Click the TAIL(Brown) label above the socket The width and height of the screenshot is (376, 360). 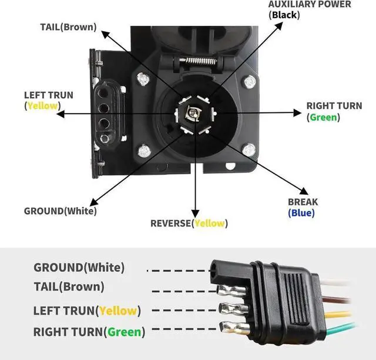(68, 27)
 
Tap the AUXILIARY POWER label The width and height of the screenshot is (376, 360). (309, 5)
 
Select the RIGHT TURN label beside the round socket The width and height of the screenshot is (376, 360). (334, 106)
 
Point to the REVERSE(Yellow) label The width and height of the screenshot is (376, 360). (189, 223)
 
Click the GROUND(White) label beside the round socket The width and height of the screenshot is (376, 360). (60, 211)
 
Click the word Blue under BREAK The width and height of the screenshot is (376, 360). (301, 213)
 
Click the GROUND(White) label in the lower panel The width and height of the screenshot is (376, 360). (79, 268)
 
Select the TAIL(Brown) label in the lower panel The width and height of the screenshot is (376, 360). (69, 287)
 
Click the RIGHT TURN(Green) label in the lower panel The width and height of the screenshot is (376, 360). (89, 332)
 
